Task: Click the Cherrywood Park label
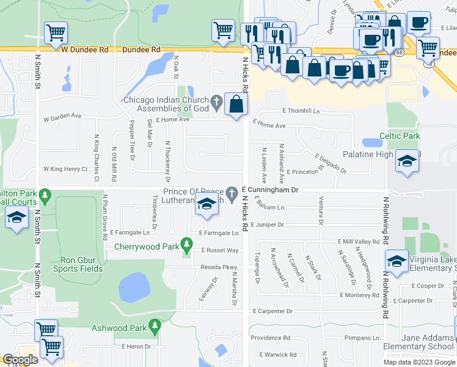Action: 147,247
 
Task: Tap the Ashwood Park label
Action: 119,328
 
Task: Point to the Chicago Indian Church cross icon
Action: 216,101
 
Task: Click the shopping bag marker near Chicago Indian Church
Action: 235,104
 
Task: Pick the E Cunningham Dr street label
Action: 269,190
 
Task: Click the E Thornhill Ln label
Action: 301,111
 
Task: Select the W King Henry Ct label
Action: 65,169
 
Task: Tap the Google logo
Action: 20,360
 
